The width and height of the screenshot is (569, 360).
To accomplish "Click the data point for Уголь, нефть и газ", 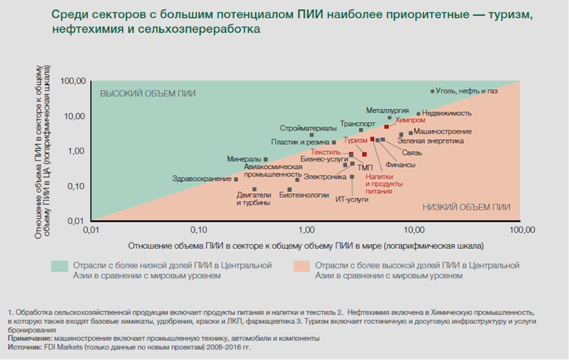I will click(432, 91).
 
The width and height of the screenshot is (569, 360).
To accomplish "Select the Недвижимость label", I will click(447, 113).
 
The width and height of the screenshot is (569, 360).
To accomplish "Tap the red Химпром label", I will click(411, 121).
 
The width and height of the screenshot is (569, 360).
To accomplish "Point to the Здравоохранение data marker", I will click(236, 179).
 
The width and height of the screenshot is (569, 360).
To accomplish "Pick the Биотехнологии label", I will click(303, 195).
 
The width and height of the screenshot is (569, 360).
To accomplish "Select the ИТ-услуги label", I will click(352, 199).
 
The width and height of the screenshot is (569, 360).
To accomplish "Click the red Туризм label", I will click(356, 140).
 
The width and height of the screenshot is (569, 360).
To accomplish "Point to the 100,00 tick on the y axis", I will click(73, 81).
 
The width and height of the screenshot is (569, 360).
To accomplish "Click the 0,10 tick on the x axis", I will click(198, 229).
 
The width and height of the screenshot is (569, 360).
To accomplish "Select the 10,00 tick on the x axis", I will click(414, 229).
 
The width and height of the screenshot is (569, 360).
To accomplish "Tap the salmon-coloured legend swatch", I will click(301, 266).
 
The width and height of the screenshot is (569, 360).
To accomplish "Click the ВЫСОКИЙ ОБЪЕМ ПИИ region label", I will click(148, 93).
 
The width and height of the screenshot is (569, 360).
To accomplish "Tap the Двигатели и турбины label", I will click(253, 199).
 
